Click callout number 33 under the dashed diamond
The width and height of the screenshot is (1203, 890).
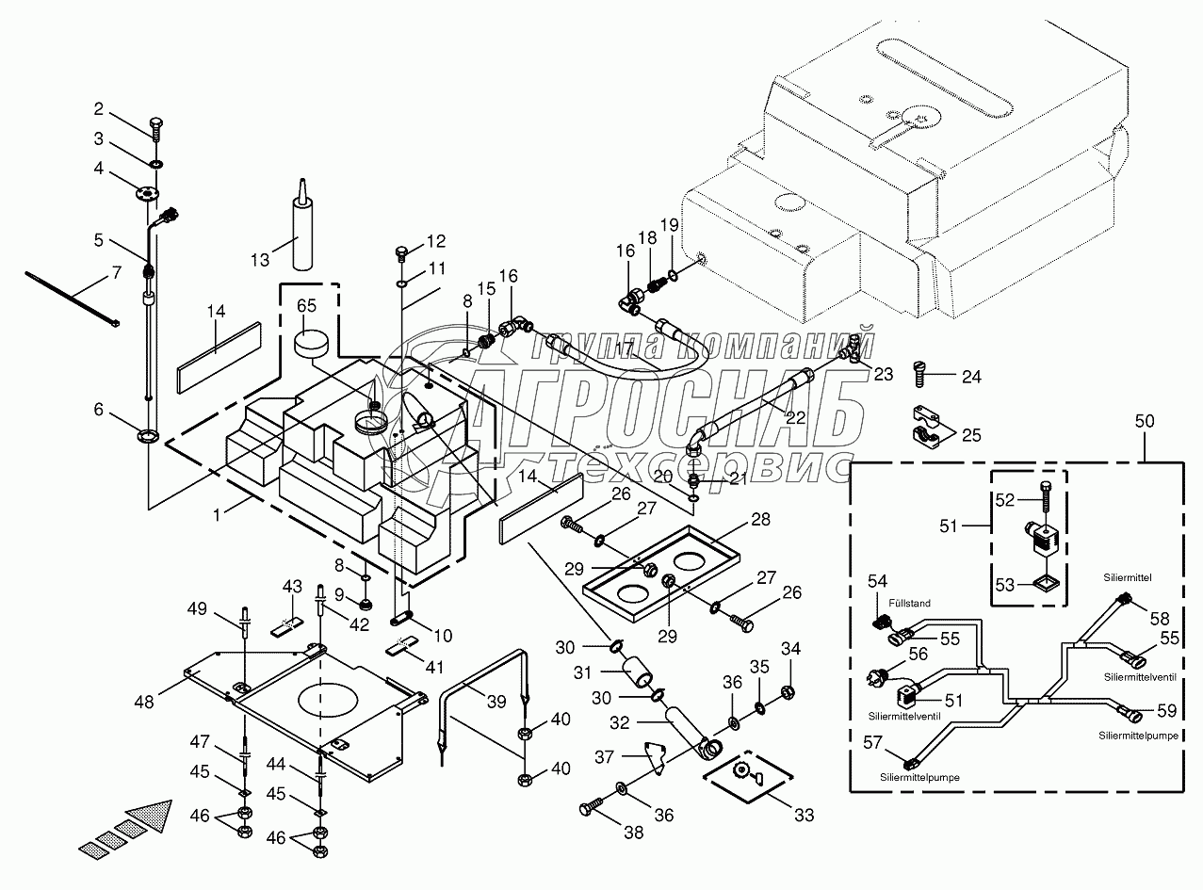pos(804,815)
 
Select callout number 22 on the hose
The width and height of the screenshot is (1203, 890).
pos(797,416)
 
